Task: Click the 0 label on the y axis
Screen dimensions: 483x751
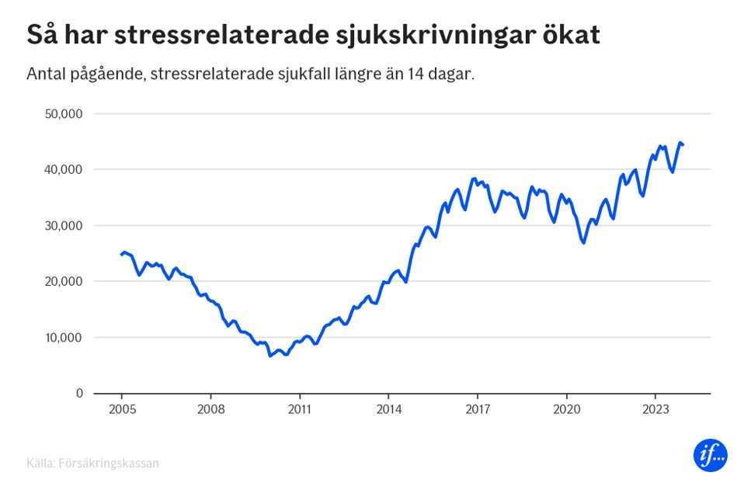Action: click(78, 394)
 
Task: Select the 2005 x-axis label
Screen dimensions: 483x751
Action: click(122, 410)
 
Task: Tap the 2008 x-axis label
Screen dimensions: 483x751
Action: click(210, 410)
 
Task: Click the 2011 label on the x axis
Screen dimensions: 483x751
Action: click(300, 410)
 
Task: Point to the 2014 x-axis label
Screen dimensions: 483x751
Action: click(388, 410)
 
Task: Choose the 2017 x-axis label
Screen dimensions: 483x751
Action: click(478, 410)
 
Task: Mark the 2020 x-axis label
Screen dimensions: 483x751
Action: click(566, 410)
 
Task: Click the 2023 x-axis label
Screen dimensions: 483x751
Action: click(655, 410)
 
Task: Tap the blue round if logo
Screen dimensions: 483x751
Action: click(710, 456)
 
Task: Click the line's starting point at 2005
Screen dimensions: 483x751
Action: click(122, 254)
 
